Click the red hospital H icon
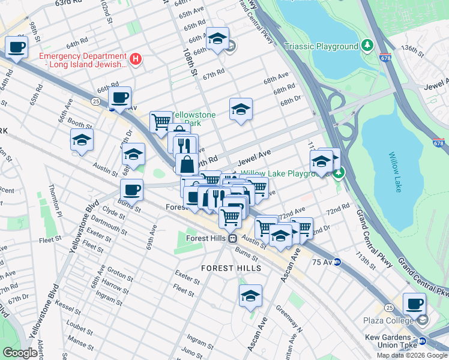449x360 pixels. (x=136, y=59)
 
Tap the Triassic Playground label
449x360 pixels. (x=321, y=46)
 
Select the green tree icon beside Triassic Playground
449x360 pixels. (x=367, y=46)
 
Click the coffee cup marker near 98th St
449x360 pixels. (x=17, y=47)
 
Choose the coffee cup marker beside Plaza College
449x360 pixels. (x=414, y=304)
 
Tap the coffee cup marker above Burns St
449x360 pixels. (x=131, y=190)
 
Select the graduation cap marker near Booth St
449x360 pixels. (x=82, y=140)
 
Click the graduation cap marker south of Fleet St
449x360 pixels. (x=250, y=295)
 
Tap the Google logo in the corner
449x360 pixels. (x=20, y=353)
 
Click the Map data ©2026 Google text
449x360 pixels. (x=412, y=355)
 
